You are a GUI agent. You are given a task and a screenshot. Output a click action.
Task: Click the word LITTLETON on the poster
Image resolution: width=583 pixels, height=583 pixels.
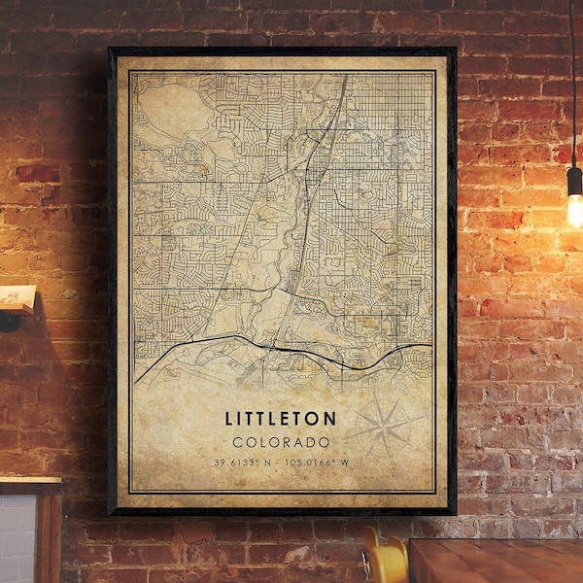282,419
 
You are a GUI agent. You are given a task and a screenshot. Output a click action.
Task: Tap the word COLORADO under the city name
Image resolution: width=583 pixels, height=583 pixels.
282,441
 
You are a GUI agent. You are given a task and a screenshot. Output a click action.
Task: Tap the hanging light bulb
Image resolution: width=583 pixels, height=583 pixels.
574,207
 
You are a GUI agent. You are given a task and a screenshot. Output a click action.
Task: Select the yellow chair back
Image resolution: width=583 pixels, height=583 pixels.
387,562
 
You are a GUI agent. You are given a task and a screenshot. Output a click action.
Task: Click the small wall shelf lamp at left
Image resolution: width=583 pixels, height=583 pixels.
17,301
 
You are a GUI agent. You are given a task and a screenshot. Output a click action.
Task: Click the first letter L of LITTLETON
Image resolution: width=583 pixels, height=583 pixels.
231,419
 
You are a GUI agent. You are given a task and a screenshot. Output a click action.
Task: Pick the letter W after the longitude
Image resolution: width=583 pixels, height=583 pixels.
346,462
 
